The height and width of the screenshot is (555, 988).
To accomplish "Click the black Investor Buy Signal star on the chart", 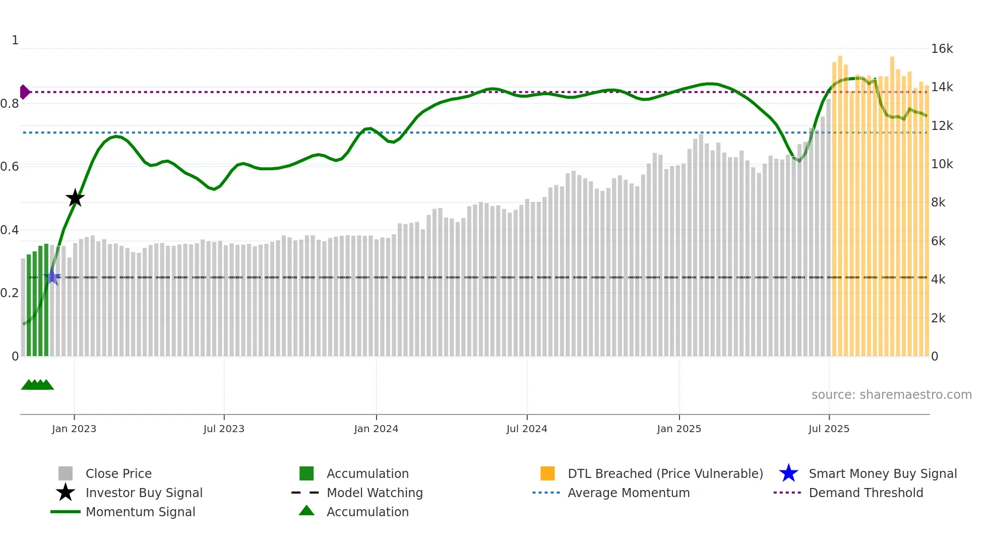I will pyautogui.click(x=75, y=198).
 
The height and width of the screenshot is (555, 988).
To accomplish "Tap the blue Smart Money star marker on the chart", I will pyautogui.click(x=52, y=276).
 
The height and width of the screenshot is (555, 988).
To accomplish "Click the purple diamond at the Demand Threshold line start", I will pyautogui.click(x=24, y=92).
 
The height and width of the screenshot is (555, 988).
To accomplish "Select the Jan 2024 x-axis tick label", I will pyautogui.click(x=376, y=429).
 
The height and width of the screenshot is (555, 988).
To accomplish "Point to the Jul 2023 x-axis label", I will pyautogui.click(x=224, y=429).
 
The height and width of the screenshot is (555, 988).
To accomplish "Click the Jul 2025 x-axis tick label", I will pyautogui.click(x=829, y=429).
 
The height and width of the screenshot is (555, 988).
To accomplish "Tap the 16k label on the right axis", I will pyautogui.click(x=942, y=49).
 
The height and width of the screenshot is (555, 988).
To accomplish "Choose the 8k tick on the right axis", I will pyautogui.click(x=938, y=202).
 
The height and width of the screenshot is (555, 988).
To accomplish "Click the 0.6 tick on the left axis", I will pyautogui.click(x=10, y=167).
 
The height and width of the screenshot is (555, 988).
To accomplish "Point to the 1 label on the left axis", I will pyautogui.click(x=15, y=40).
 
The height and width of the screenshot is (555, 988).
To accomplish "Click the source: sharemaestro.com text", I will pyautogui.click(x=891, y=395).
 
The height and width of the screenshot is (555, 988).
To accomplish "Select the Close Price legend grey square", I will pyautogui.click(x=66, y=473).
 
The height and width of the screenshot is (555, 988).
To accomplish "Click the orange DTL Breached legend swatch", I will pyautogui.click(x=547, y=473).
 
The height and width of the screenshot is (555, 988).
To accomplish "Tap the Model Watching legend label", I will pyautogui.click(x=375, y=493).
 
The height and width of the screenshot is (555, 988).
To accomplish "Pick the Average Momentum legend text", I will pyautogui.click(x=629, y=493).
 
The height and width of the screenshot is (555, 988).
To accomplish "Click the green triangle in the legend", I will pyautogui.click(x=306, y=511).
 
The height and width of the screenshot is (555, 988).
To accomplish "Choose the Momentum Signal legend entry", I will pyautogui.click(x=140, y=512).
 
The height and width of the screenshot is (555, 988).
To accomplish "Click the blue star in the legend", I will pyautogui.click(x=788, y=473).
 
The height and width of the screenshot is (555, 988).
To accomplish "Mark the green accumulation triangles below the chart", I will pyautogui.click(x=37, y=385).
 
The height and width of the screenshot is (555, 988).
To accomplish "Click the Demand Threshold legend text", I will pyautogui.click(x=866, y=493).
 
